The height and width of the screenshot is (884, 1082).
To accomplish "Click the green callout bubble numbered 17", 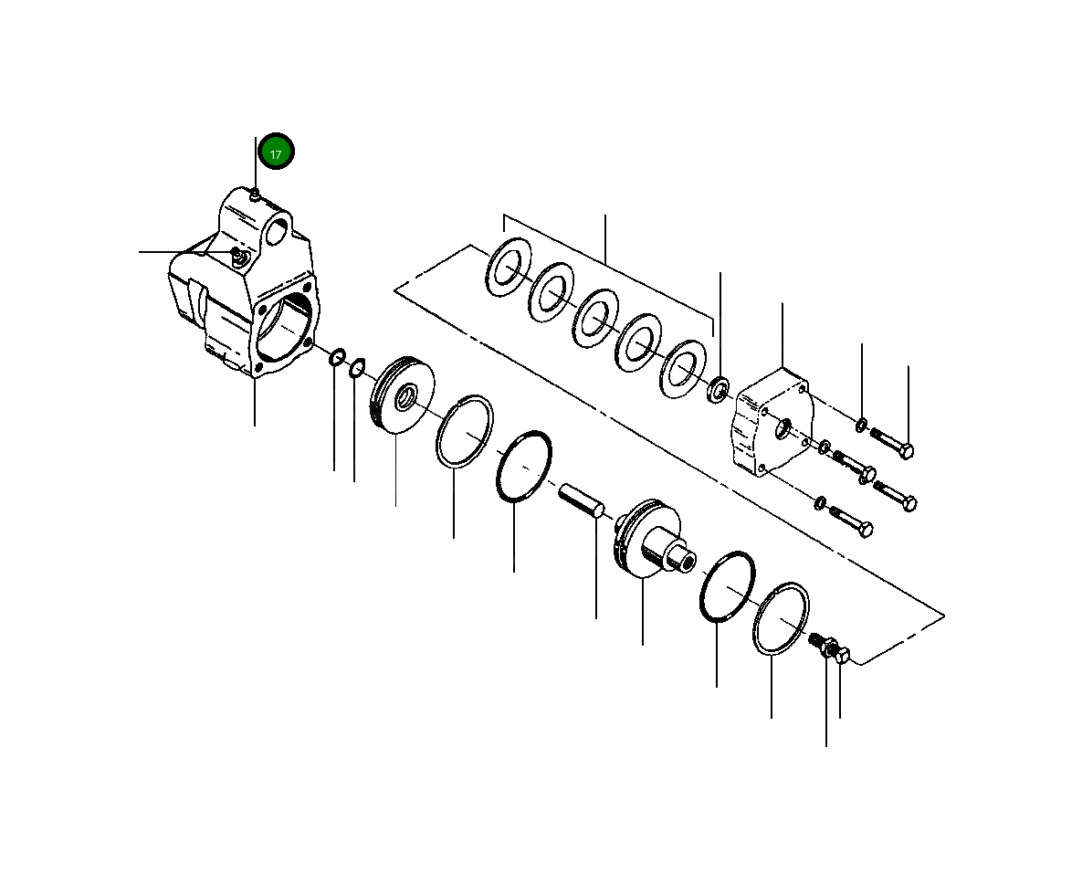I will tap(276, 153).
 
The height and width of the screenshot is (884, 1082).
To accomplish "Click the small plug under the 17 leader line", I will tap(257, 192).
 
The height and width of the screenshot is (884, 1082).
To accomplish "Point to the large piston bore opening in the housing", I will tap(285, 328).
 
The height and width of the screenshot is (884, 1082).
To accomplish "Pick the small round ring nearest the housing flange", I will tap(336, 356).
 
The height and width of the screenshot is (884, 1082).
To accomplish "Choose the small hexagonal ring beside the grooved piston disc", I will tap(357, 368).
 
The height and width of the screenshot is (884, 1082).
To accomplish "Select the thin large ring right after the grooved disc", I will tap(465, 432).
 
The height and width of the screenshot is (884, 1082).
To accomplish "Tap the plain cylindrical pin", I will tap(581, 501).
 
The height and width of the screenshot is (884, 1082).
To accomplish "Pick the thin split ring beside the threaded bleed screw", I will tap(782, 619).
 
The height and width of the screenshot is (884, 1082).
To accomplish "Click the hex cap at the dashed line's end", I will tap(843, 655).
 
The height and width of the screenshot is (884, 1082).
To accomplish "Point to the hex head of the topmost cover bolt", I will tap(906, 451).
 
